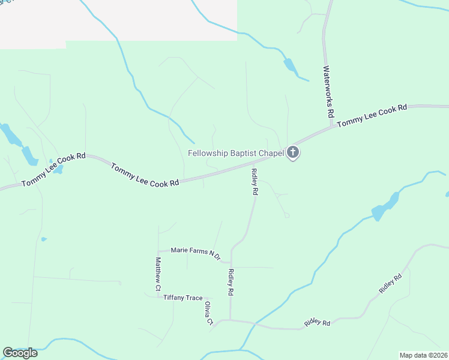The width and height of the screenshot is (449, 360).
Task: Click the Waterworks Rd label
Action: (329, 91)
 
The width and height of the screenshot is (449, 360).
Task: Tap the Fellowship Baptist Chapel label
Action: (235, 153)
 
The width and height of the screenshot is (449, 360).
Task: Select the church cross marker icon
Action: (292, 152)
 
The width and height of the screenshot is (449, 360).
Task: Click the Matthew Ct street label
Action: (158, 274)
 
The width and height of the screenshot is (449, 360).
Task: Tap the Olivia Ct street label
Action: (209, 314)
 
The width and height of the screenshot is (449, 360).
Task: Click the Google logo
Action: (20, 353)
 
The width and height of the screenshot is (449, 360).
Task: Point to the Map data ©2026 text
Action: (423, 355)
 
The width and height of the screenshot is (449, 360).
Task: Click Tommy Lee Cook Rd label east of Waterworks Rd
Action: (372, 115)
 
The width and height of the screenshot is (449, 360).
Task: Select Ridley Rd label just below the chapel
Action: (255, 182)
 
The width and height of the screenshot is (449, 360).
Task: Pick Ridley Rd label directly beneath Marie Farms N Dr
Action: (231, 282)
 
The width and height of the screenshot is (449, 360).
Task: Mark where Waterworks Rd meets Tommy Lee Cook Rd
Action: (331, 126)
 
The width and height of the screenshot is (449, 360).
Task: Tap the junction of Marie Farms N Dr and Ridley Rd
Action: (231, 262)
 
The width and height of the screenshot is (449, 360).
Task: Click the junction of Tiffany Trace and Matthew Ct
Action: (158, 296)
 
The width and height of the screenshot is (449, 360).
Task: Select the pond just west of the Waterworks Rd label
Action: (291, 66)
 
